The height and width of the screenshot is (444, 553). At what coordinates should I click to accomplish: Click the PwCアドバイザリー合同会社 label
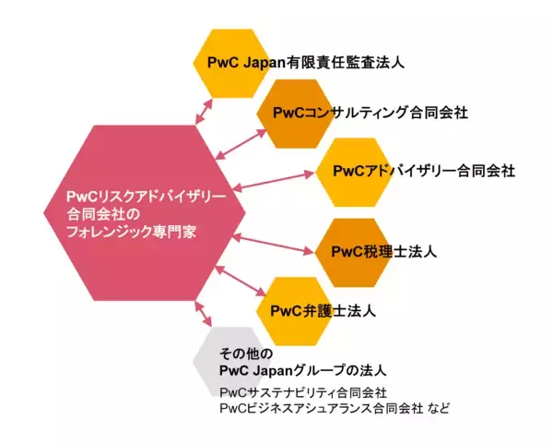422,171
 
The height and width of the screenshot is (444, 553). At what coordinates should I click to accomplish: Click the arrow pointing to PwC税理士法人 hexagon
274,245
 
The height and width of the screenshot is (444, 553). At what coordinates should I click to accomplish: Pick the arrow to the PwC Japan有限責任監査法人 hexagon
207,108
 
